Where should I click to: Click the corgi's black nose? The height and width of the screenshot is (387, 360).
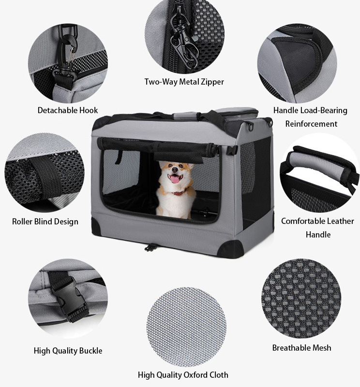175,170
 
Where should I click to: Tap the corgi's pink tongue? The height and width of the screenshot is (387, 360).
175,179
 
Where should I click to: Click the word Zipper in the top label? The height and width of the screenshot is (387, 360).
212,82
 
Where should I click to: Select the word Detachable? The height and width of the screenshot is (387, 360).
54,110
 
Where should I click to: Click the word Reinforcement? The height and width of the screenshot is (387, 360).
311,123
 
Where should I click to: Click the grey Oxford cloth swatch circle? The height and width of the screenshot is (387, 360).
187,327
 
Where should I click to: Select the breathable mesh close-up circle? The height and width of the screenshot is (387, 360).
301,298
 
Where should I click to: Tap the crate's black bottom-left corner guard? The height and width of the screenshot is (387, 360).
96,226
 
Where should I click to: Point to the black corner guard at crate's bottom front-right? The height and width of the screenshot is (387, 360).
231,249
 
